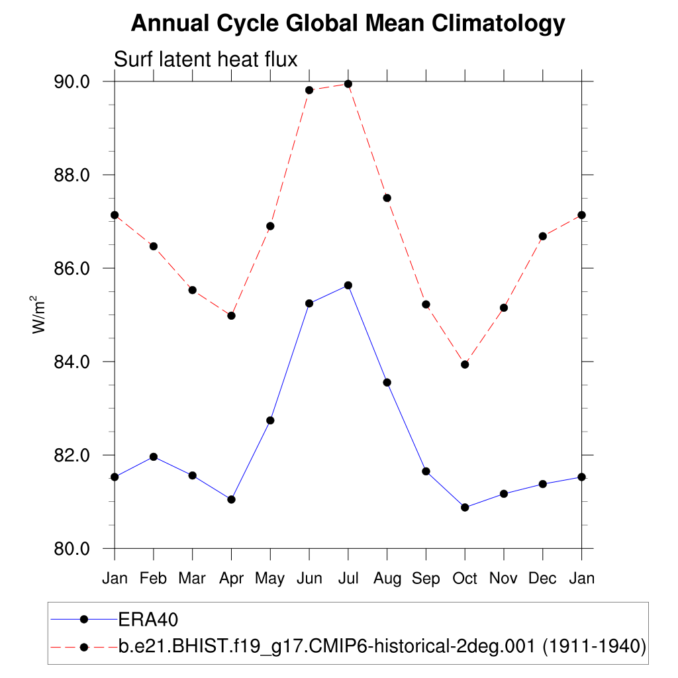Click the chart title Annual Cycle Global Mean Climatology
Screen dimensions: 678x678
pyautogui.click(x=348, y=23)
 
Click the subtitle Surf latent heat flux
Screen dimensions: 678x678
pyautogui.click(x=206, y=59)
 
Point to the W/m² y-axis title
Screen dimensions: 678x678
pyautogui.click(x=40, y=314)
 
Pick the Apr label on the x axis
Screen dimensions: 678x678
pyautogui.click(x=231, y=579)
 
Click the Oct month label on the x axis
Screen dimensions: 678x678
pyautogui.click(x=465, y=579)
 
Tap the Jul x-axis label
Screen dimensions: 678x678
pyautogui.click(x=348, y=579)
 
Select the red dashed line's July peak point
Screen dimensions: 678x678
pyautogui.click(x=348, y=84)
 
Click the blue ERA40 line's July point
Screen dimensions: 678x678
pyautogui.click(x=348, y=285)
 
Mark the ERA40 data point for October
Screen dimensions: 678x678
pyautogui.click(x=465, y=507)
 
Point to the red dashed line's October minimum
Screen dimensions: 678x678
pyautogui.click(x=465, y=364)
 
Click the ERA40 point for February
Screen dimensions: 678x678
pyautogui.click(x=154, y=457)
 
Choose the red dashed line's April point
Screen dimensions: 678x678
pyautogui.click(x=231, y=316)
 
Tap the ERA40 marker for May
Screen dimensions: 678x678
pyautogui.click(x=270, y=420)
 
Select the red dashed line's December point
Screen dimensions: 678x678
pyautogui.click(x=543, y=236)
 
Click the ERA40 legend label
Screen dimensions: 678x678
pyautogui.click(x=149, y=620)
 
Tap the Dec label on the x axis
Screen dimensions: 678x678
pyautogui.click(x=543, y=579)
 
